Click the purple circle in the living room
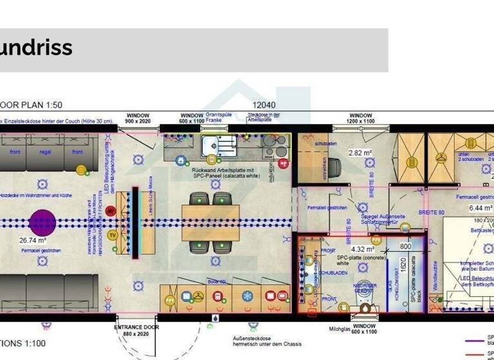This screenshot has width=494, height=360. (x=42, y=222)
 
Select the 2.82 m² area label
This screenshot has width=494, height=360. (x=360, y=153)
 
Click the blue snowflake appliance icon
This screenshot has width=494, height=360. (x=247, y=296)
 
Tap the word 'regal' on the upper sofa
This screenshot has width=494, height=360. (x=45, y=152)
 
